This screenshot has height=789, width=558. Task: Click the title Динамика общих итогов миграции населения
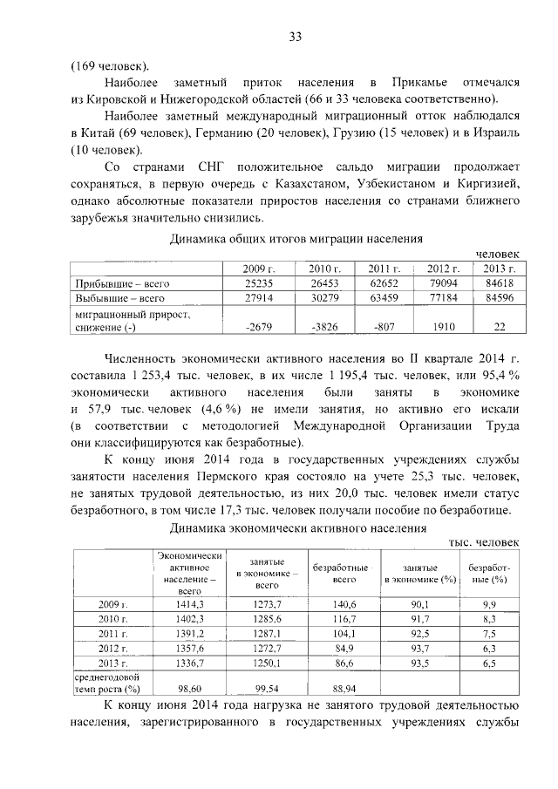(296, 237)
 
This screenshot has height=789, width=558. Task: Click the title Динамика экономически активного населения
(296, 527)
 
